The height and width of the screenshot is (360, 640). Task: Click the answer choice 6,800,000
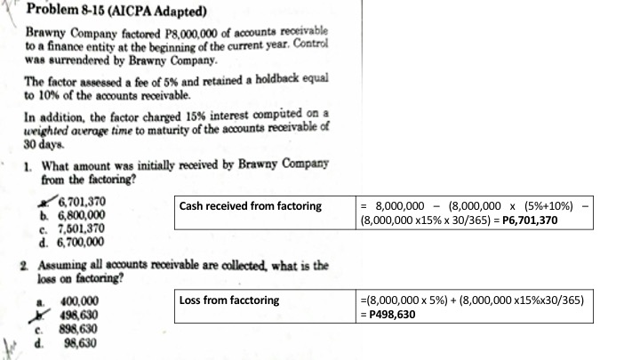[81, 214]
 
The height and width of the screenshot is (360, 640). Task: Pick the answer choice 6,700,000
[81, 240]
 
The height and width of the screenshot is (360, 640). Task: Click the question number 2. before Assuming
[24, 265]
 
